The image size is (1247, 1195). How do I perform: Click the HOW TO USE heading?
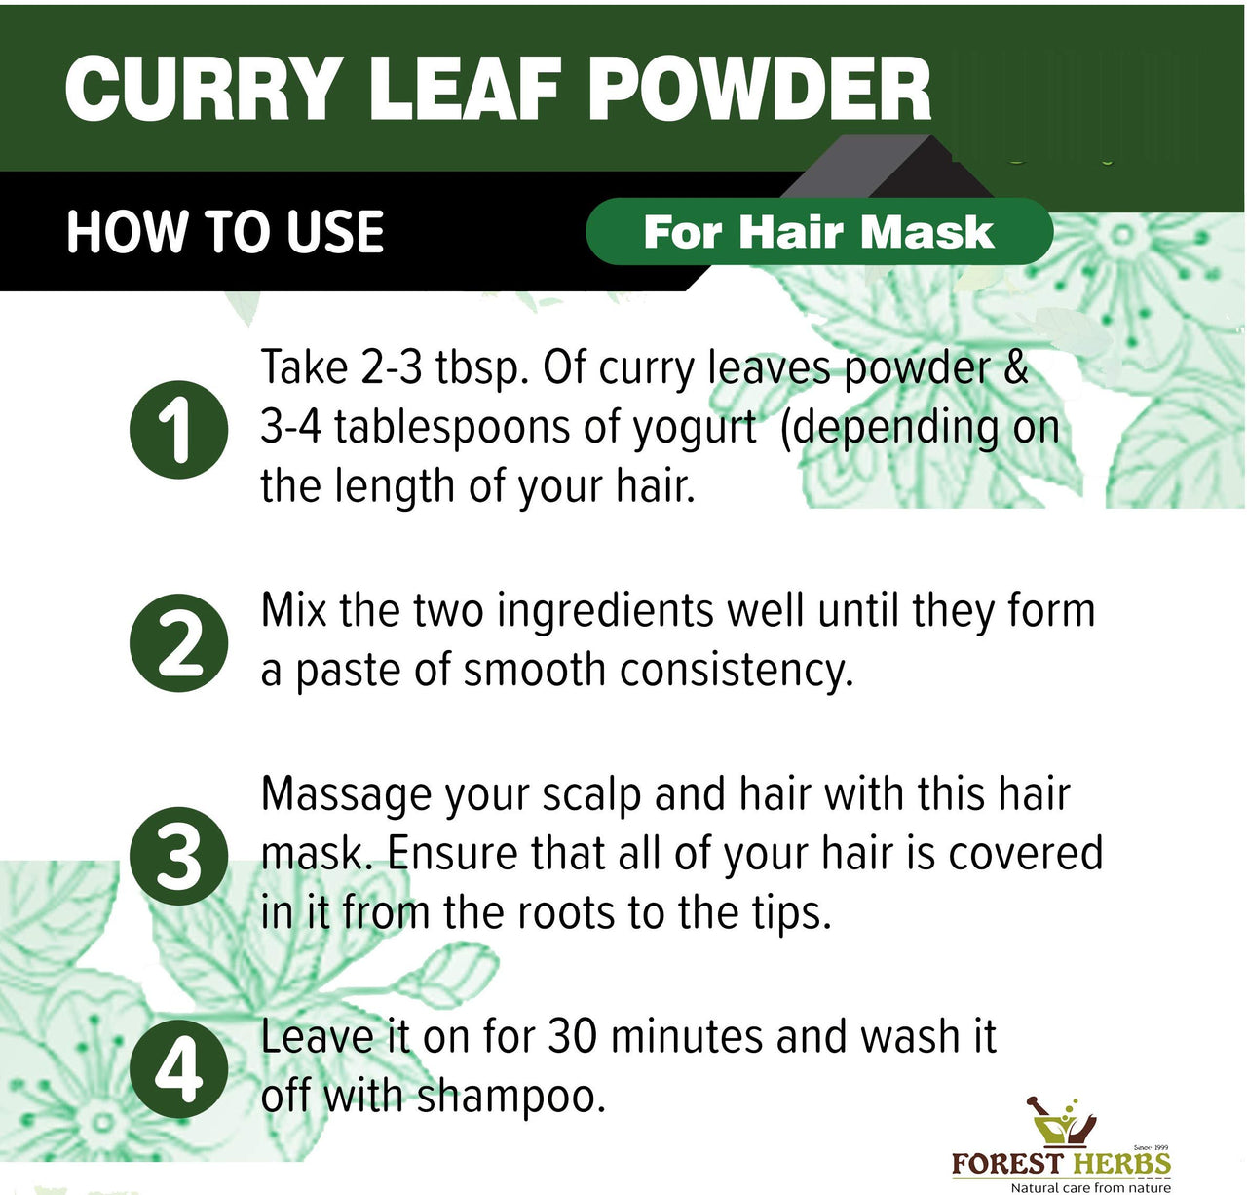tap(226, 231)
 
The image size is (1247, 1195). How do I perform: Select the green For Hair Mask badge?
tap(819, 231)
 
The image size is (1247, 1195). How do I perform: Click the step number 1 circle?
tap(179, 430)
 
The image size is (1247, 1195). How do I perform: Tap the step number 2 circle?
tap(179, 642)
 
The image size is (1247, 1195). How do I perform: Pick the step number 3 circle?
tap(179, 856)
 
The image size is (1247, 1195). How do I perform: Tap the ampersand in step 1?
tap(1014, 366)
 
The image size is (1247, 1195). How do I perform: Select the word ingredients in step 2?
tap(605, 612)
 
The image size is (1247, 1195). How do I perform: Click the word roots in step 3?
tap(566, 914)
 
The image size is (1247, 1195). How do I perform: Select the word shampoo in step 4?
tap(510, 1099)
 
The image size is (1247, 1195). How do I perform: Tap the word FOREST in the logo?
tap(1007, 1163)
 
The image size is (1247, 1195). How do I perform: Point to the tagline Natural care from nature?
tap(1091, 1187)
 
